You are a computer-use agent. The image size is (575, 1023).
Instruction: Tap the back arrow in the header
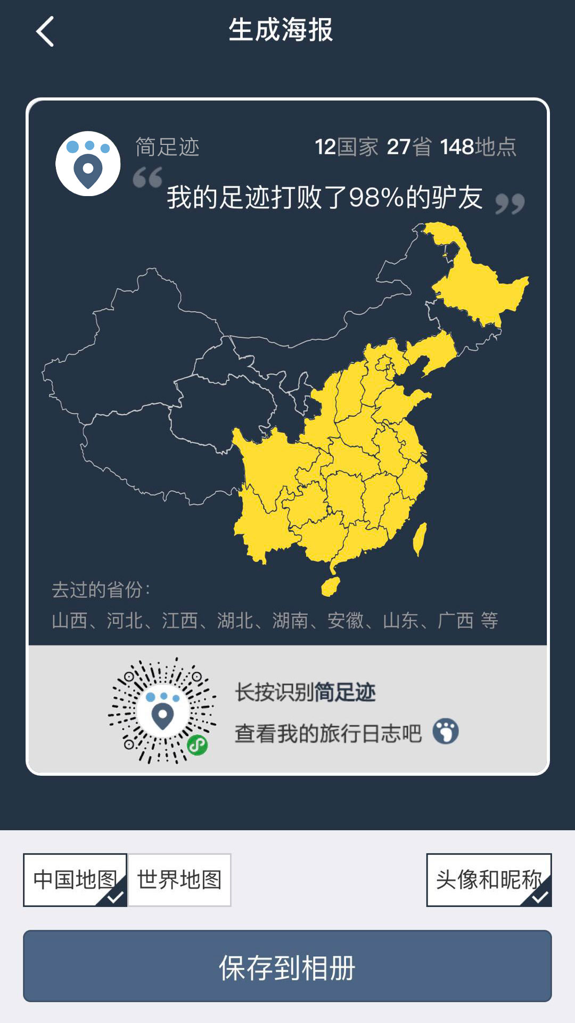(45, 31)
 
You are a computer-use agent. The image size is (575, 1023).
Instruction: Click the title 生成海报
(281, 30)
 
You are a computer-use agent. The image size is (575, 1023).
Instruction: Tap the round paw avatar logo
(88, 164)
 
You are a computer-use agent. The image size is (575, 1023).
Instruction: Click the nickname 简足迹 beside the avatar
(167, 147)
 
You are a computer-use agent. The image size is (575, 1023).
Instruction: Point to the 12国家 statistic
(346, 147)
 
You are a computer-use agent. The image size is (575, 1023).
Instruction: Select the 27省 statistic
(409, 147)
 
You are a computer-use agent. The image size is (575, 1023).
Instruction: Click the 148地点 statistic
(478, 147)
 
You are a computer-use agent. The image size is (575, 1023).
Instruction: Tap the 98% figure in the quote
(376, 198)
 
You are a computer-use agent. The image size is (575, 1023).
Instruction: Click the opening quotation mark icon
(147, 177)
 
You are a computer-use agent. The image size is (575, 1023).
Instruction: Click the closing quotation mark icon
(510, 204)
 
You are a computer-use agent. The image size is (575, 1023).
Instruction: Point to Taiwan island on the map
(420, 538)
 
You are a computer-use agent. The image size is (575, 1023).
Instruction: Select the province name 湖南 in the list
(290, 621)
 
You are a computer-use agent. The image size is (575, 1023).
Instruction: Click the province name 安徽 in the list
(346, 621)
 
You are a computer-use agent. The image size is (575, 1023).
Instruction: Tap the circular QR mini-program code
(162, 711)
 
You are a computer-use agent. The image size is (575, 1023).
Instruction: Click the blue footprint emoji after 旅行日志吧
(446, 732)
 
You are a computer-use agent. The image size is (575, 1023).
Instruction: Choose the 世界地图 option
(179, 880)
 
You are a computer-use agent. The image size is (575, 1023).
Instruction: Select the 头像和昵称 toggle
(488, 880)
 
